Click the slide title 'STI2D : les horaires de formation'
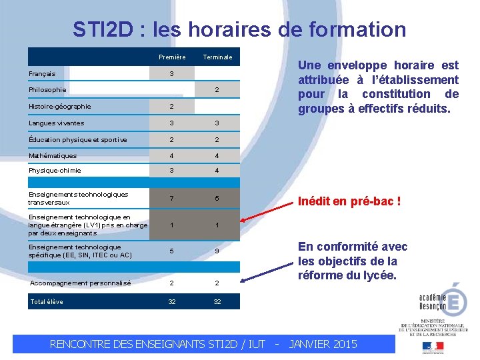tap(239, 29)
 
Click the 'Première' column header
tap(172, 57)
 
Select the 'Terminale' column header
tap(217, 57)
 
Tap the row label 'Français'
tap(42, 73)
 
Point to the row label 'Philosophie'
tap(47, 89)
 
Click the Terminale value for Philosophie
tap(217, 89)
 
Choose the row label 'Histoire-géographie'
tap(60, 106)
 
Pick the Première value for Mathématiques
tap(172, 155)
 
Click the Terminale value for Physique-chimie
tap(217, 170)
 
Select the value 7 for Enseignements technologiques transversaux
tap(172, 199)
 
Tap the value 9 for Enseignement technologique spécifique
tap(217, 251)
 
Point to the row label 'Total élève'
tap(47, 301)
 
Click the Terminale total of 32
tap(217, 301)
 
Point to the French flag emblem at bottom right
tap(432, 346)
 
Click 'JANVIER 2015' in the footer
tap(323, 344)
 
